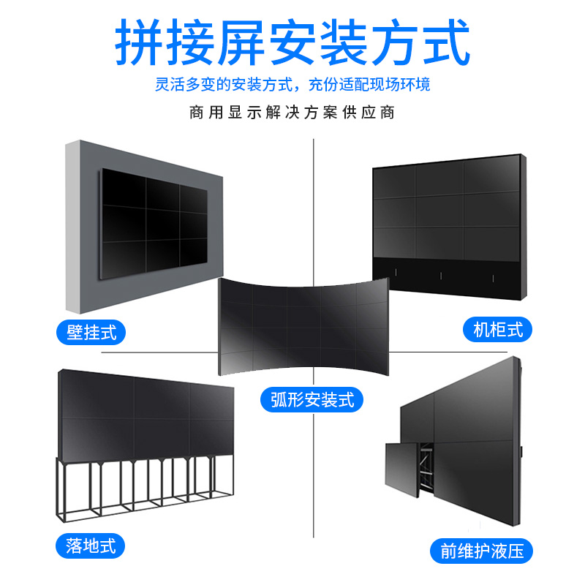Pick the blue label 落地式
point(86,546)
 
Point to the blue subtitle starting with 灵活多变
point(292,86)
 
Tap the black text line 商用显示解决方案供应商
point(292,113)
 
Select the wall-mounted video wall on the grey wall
point(154,219)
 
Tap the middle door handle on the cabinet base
point(441,276)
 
